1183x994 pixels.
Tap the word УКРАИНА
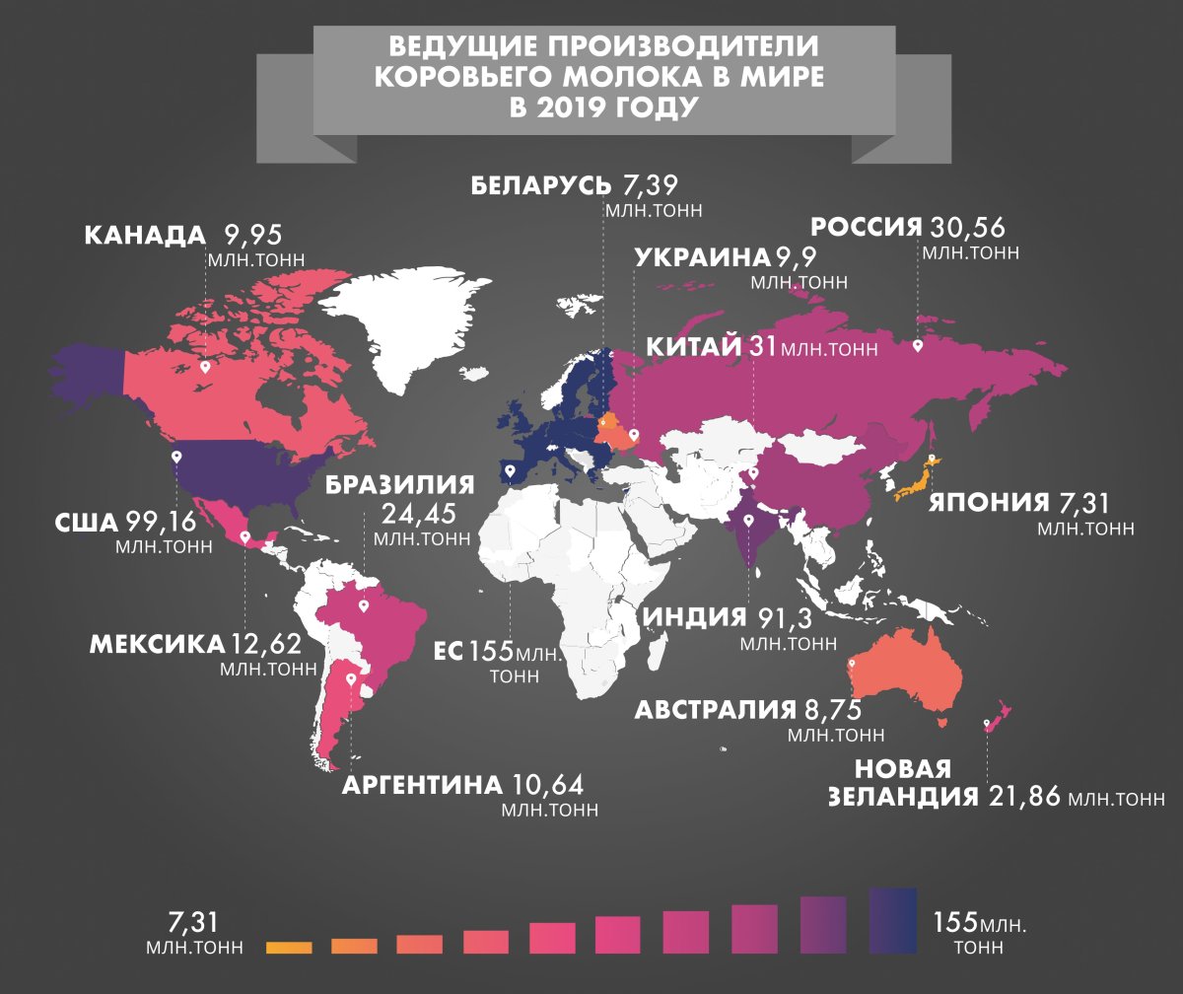(x=700, y=258)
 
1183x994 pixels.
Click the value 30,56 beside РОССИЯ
(x=966, y=228)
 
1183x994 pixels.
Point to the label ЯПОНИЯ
(x=987, y=504)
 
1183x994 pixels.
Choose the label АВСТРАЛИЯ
(x=715, y=710)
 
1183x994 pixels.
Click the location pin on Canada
(x=205, y=367)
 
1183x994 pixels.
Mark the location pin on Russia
(x=918, y=346)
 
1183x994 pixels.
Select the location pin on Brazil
(x=364, y=606)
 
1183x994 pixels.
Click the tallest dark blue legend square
(x=893, y=921)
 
